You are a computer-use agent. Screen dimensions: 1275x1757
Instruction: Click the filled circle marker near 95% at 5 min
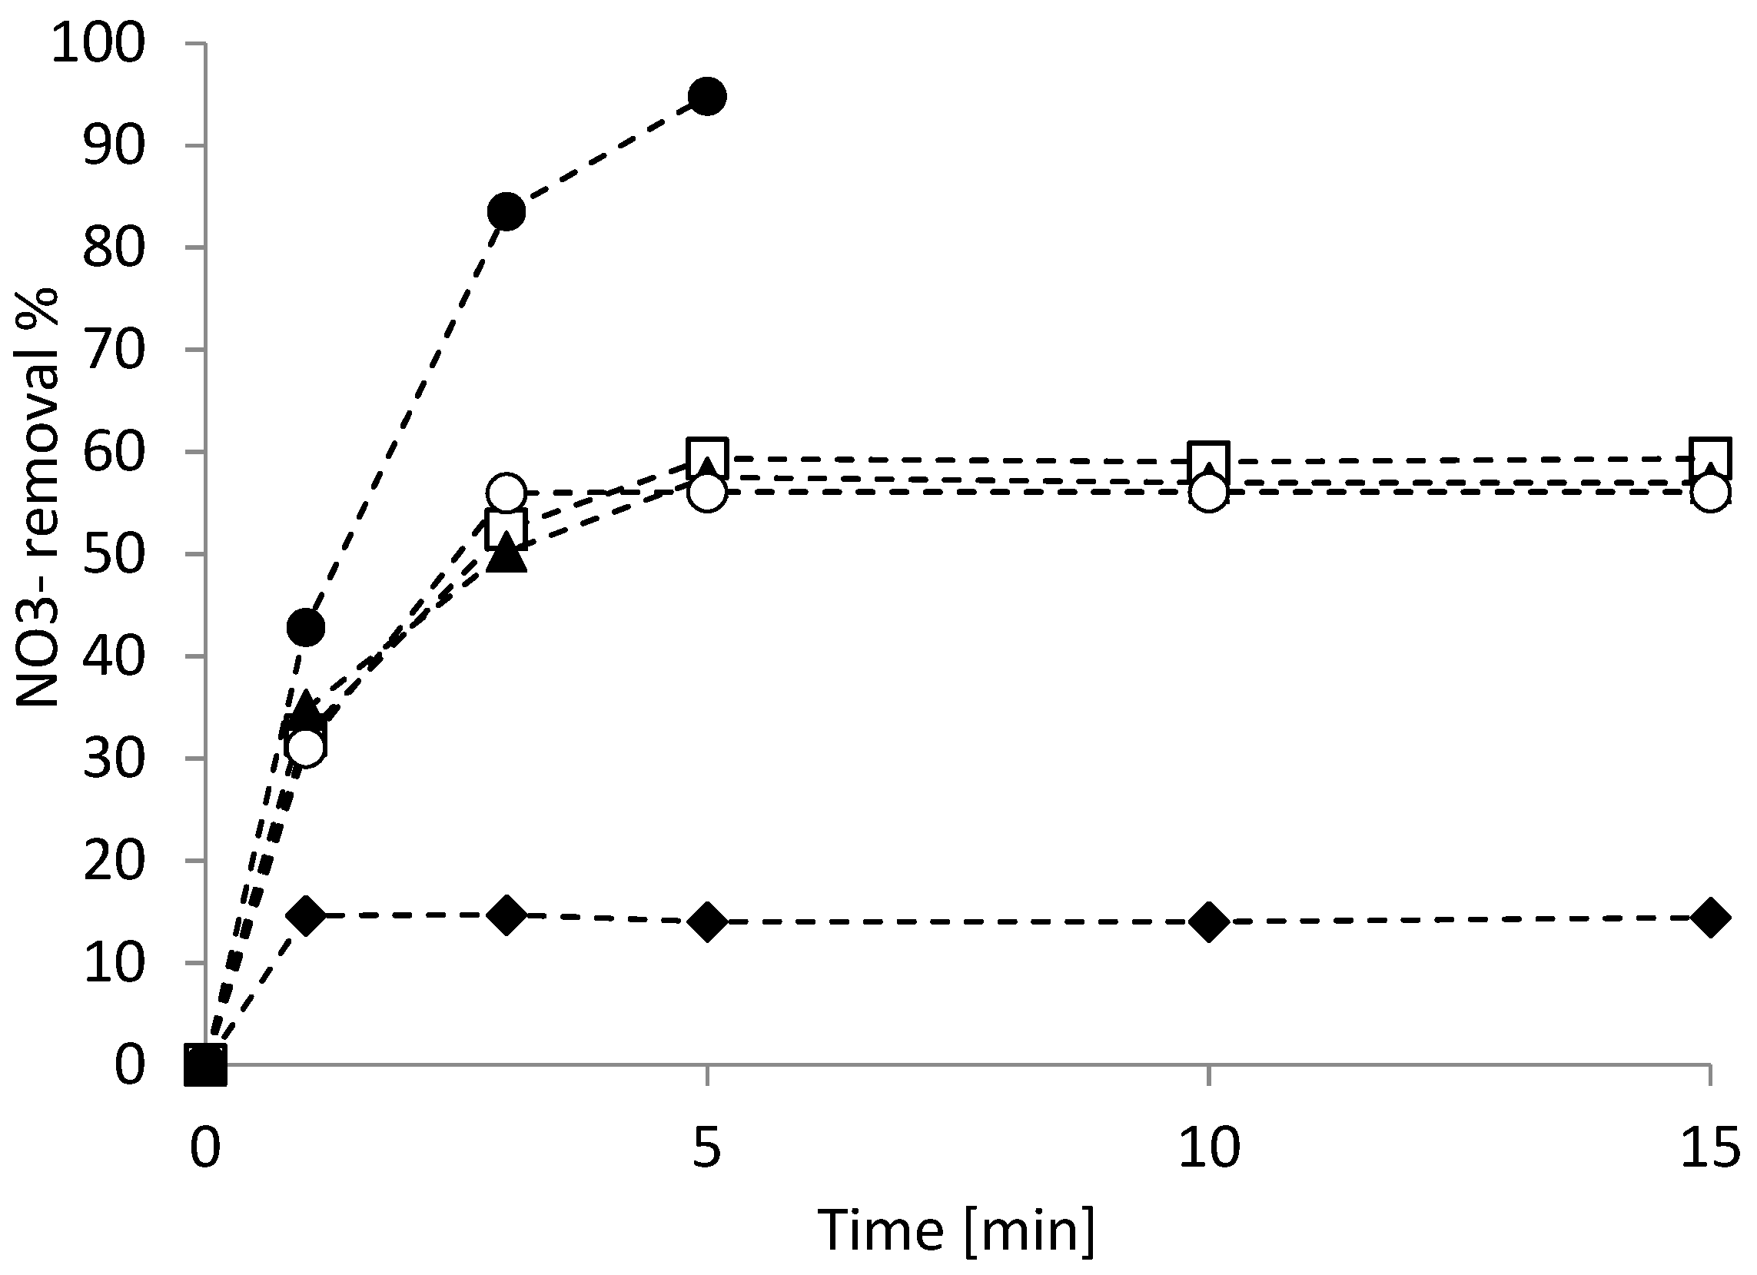[x=706, y=96]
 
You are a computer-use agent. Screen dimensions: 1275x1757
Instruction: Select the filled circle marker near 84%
[x=507, y=211]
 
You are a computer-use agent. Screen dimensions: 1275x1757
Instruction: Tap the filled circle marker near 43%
[x=306, y=626]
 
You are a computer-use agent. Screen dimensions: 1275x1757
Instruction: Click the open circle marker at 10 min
[x=1208, y=493]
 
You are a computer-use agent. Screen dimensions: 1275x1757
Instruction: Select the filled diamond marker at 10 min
[x=1208, y=921]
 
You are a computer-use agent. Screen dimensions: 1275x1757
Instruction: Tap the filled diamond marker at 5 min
[x=706, y=921]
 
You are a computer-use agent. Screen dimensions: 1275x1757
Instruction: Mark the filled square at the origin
[x=206, y=1064]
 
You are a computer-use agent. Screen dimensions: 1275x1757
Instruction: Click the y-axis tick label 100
[x=98, y=44]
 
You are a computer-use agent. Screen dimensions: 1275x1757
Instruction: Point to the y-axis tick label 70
[x=114, y=350]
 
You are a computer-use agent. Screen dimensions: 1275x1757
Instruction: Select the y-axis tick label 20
[x=114, y=861]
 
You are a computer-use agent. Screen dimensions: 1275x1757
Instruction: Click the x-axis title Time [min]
[x=958, y=1231]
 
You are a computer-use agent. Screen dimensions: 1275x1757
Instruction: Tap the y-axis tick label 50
[x=114, y=555]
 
